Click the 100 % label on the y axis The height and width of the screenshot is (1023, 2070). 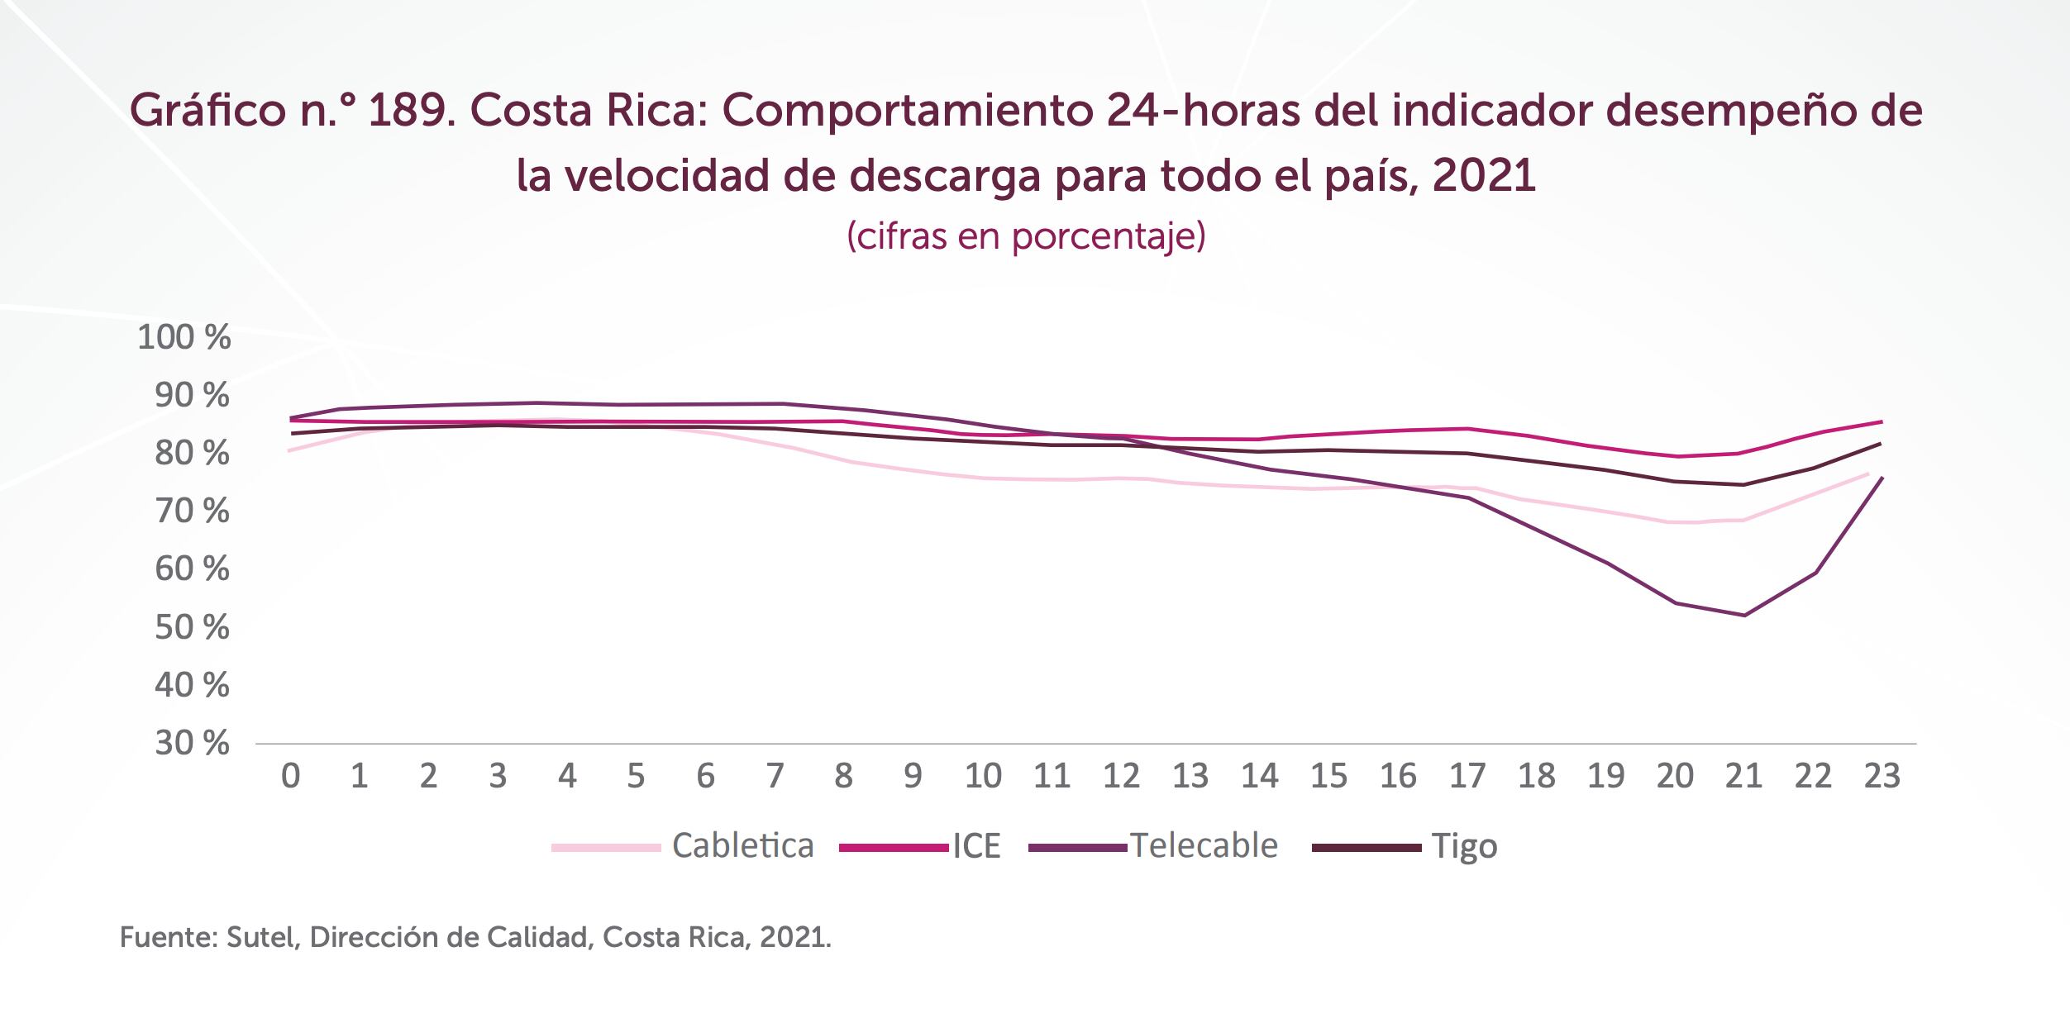(x=184, y=337)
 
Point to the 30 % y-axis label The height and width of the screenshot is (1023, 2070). (x=192, y=744)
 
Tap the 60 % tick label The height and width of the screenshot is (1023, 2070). (x=192, y=569)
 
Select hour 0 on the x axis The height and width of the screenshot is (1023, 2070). (x=290, y=776)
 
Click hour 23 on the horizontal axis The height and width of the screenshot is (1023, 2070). (x=1882, y=776)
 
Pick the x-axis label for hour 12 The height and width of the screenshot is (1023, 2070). (x=1121, y=776)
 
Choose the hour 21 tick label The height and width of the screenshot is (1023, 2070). (x=1743, y=776)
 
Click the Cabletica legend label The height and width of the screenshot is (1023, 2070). (x=742, y=846)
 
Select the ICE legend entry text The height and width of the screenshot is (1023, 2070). (x=976, y=846)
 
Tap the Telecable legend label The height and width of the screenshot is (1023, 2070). (x=1204, y=846)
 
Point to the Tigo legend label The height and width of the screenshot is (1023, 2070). (x=1464, y=846)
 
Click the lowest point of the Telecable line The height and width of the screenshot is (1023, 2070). (x=1744, y=615)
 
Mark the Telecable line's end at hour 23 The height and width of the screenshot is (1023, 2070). (x=1882, y=478)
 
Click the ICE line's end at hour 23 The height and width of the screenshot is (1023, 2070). (x=1882, y=421)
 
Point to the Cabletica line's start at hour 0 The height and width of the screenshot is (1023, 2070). (x=289, y=450)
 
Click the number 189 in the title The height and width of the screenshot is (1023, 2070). (x=410, y=111)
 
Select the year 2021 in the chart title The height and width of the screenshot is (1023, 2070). (x=1484, y=175)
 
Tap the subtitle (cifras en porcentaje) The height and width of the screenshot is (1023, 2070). (x=1026, y=236)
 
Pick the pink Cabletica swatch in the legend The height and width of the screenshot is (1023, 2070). (x=606, y=847)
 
